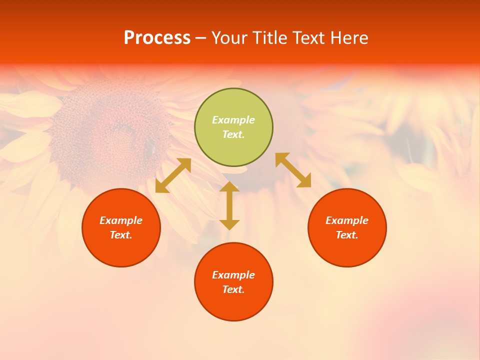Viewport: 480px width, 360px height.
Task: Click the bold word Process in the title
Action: click(157, 38)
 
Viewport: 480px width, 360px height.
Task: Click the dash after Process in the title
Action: click(201, 39)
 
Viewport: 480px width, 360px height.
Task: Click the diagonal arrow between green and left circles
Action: click(173, 175)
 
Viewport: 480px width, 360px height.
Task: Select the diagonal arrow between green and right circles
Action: click(293, 170)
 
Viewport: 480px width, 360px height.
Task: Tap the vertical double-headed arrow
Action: click(229, 205)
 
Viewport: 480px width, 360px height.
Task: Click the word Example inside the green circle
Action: click(233, 120)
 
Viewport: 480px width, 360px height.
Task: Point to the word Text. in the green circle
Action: click(233, 134)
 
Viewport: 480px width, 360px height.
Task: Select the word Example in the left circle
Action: click(121, 220)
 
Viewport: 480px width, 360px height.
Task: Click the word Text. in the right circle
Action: click(347, 235)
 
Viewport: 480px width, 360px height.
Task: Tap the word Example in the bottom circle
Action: click(233, 275)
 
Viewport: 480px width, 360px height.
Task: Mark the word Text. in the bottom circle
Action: click(233, 289)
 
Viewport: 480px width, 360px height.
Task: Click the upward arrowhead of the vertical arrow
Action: click(229, 186)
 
